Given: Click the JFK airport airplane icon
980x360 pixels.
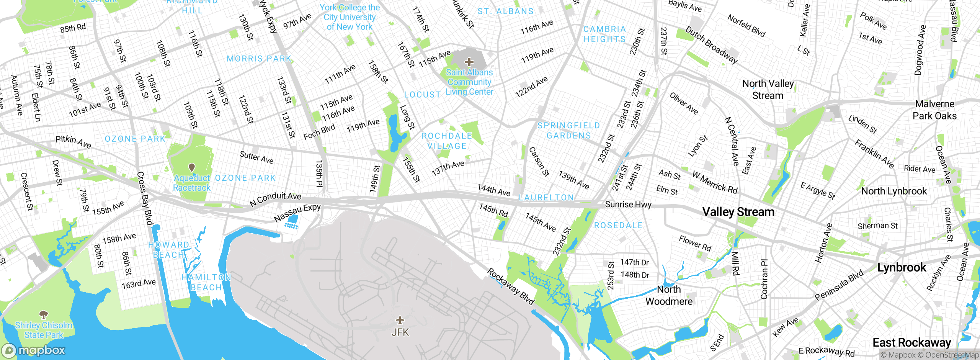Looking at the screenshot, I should [x=400, y=320].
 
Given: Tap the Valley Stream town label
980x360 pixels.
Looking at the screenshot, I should [x=738, y=212].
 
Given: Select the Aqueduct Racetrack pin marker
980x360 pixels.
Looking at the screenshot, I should [x=192, y=168].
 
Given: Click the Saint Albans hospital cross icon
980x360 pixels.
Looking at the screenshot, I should [x=469, y=62].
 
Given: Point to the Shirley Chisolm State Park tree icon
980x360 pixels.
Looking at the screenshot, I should [x=44, y=315].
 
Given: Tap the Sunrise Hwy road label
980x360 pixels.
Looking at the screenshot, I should [x=628, y=205].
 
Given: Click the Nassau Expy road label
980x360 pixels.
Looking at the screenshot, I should [x=297, y=213].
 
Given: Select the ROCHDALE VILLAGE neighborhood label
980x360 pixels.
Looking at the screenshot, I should [x=447, y=141].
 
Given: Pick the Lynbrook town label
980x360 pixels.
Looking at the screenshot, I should [x=902, y=267].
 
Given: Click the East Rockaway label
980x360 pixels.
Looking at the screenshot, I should [x=911, y=342].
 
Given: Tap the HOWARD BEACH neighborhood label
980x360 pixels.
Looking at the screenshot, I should [x=168, y=250].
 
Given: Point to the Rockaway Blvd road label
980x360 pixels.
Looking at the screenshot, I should [x=510, y=286].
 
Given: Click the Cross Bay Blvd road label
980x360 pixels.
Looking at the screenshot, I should [x=145, y=198].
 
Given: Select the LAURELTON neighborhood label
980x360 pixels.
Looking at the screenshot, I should [x=546, y=198].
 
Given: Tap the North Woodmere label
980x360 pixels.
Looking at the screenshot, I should [x=669, y=295].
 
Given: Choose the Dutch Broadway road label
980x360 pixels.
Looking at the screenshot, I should [x=711, y=45].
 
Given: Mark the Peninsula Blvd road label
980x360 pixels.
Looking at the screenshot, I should [x=839, y=285].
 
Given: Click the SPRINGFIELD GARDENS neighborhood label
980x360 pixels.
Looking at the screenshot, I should [x=568, y=131].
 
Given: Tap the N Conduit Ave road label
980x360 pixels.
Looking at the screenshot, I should [x=275, y=199].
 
